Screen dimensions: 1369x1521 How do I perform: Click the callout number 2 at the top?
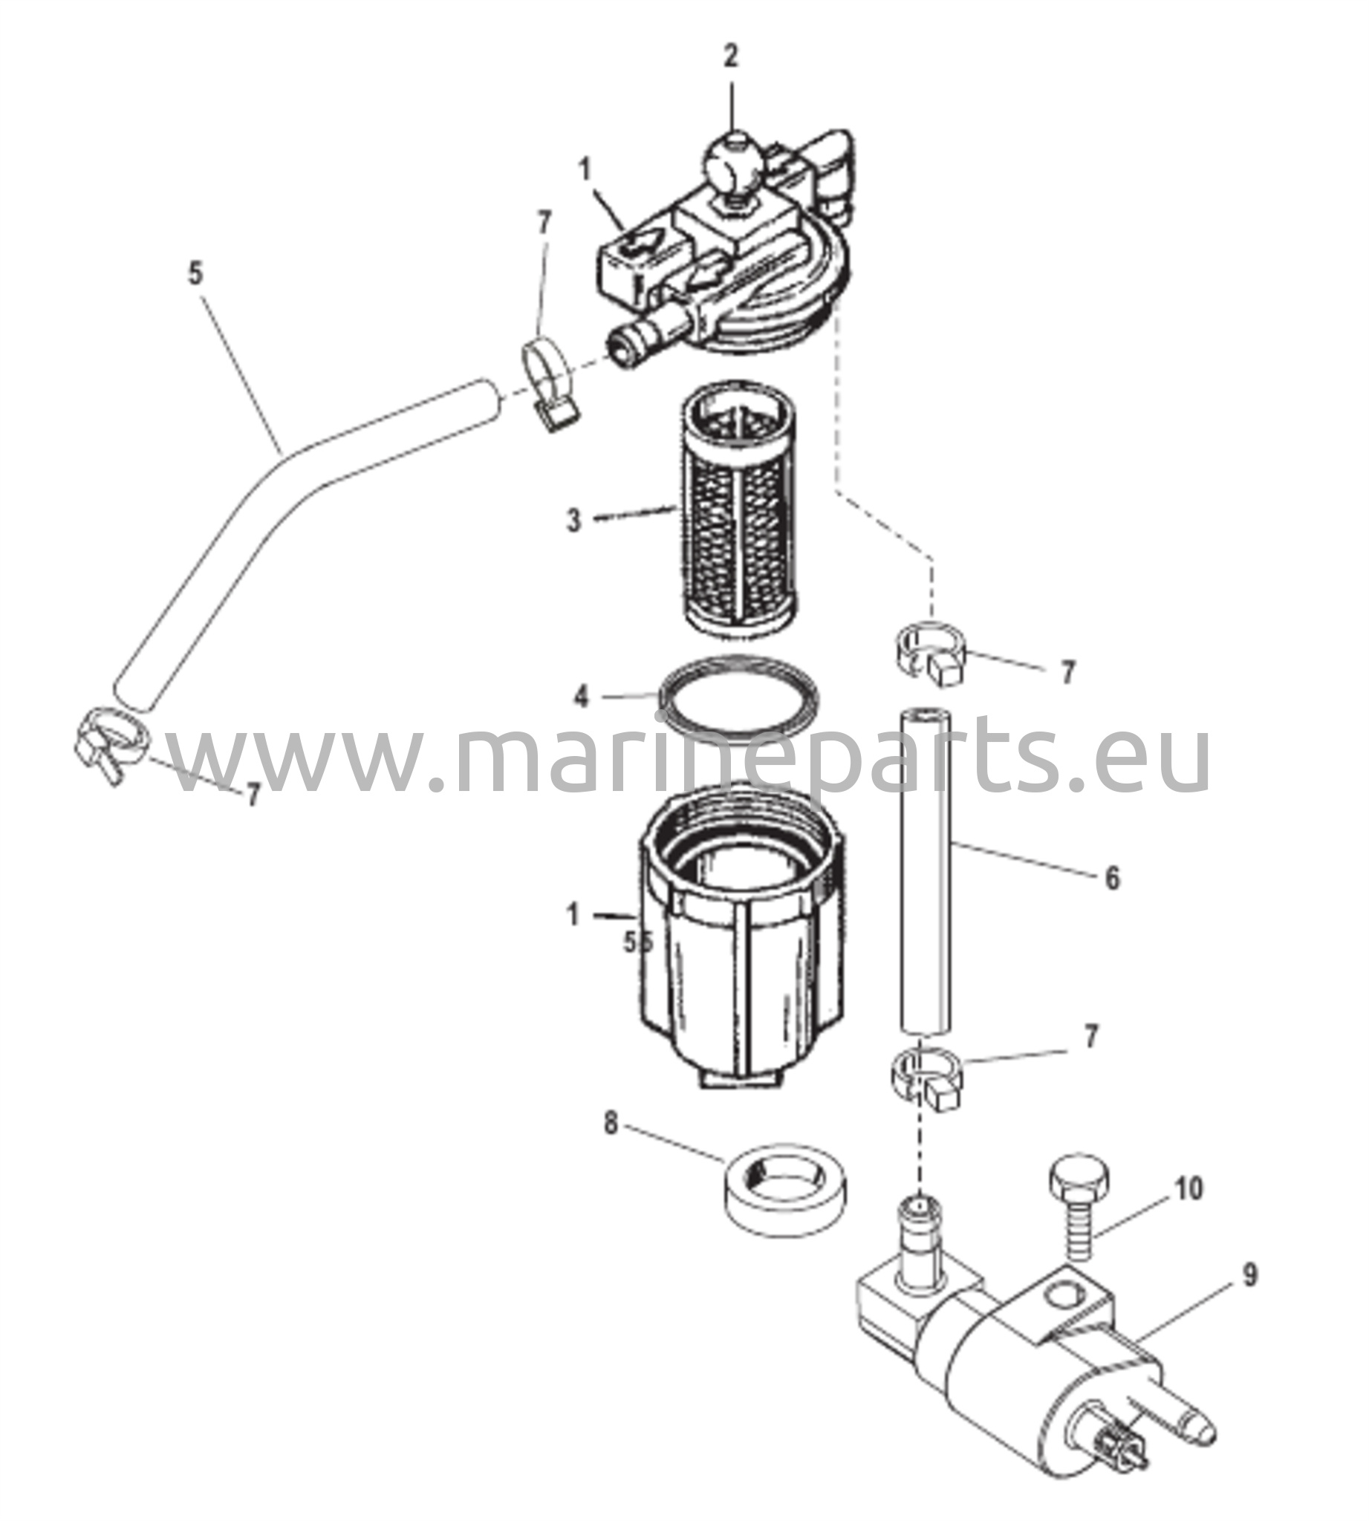coord(731,56)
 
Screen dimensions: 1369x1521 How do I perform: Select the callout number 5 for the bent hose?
coord(195,274)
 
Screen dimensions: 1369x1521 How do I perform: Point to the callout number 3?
coord(574,519)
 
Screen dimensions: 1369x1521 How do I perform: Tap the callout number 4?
coord(581,697)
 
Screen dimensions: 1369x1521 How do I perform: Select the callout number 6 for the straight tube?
coord(1113,879)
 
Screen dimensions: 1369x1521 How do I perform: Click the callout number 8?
coord(611,1147)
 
